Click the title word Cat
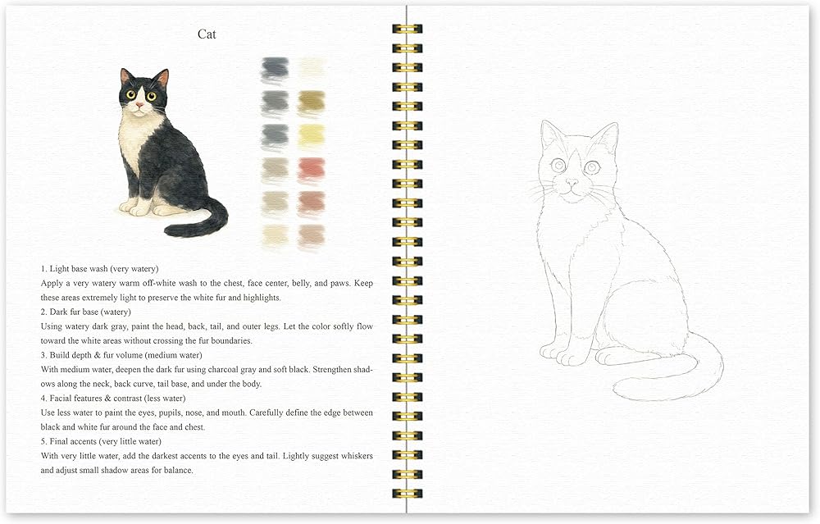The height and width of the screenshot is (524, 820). click(x=207, y=34)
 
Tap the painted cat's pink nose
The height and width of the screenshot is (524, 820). click(x=139, y=105)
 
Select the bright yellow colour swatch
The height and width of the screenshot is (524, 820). click(x=312, y=135)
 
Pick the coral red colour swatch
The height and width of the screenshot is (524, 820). click(x=312, y=171)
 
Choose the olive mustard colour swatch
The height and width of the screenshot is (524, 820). click(x=312, y=103)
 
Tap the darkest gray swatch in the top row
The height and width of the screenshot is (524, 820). click(x=275, y=70)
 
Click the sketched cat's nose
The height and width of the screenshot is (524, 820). click(x=572, y=183)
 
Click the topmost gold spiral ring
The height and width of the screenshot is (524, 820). click(x=407, y=30)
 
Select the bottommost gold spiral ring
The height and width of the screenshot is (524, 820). click(x=407, y=493)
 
